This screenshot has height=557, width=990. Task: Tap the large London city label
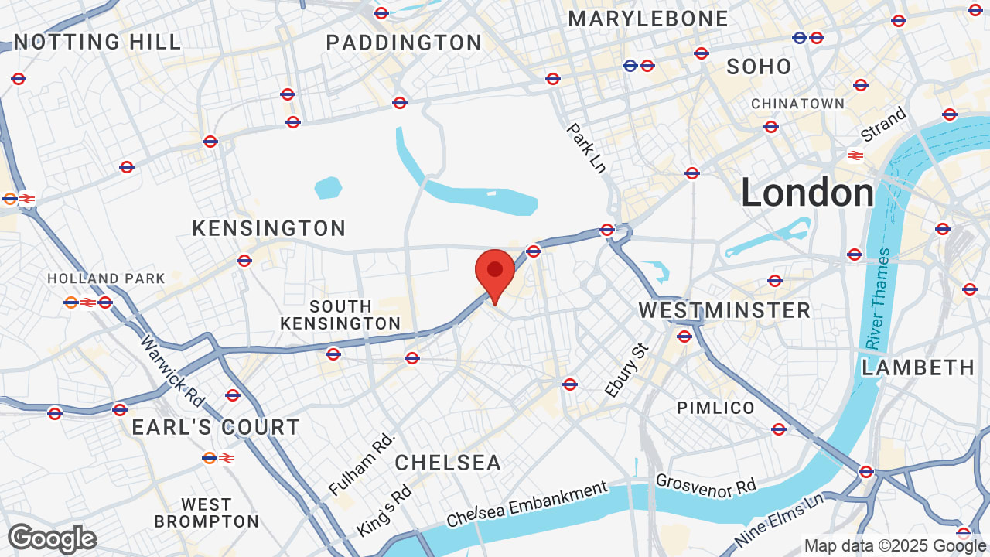807,193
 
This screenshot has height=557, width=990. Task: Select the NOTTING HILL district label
97,42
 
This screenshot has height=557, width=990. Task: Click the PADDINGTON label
404,43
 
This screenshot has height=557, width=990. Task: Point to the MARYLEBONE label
648,19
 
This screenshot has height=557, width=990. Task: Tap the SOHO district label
759,67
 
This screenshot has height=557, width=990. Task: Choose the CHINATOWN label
797,104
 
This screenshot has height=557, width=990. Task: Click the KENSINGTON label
269,229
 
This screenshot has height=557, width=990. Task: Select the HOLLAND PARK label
106,278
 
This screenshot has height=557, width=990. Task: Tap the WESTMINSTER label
724,311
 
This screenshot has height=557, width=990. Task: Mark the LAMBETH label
918,367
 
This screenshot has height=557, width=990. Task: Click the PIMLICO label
715,408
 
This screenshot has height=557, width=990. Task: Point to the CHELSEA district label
448,463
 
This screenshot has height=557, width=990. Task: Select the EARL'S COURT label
216,427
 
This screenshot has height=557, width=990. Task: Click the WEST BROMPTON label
207,513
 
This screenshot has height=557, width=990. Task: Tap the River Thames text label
879,299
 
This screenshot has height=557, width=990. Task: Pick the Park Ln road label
586,148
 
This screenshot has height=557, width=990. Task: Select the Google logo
52,538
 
